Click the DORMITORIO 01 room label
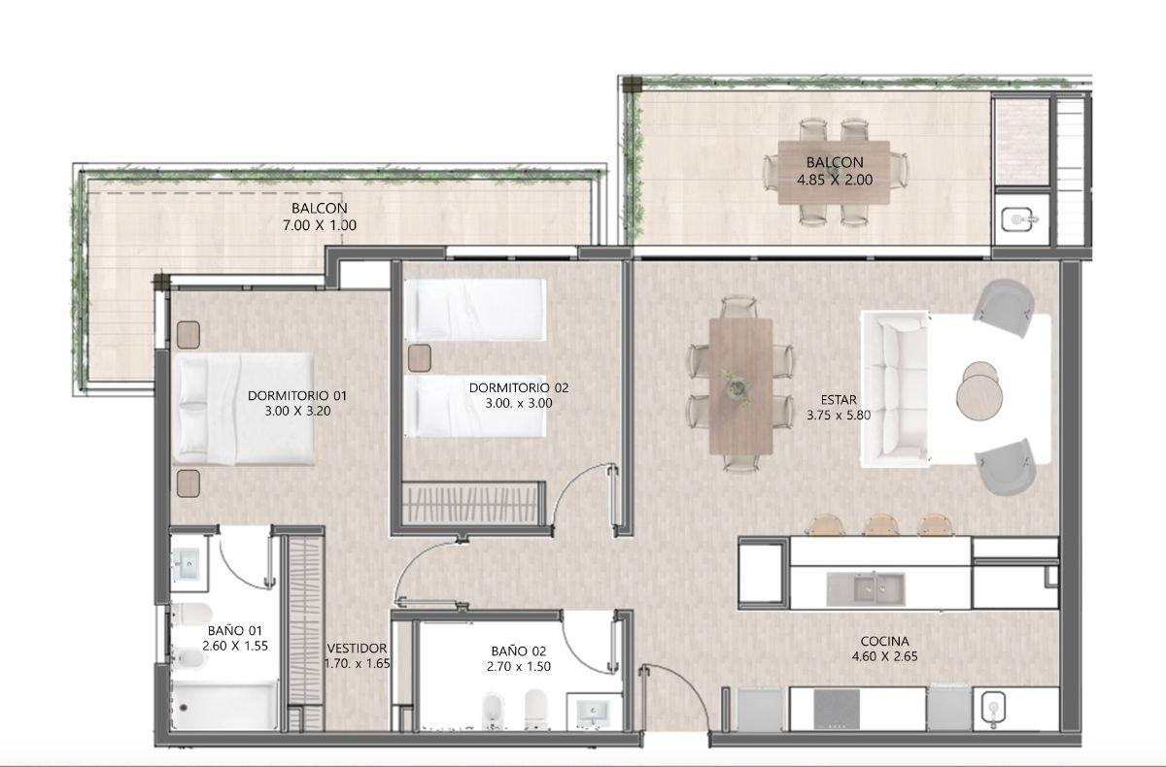point(296,395)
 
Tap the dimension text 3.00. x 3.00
point(519,403)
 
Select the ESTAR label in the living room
point(839,400)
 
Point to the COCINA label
point(884,641)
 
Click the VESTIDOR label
point(358,649)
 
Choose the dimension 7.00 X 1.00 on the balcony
point(320,225)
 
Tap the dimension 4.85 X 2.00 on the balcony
point(835,180)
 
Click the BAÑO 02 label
point(519,651)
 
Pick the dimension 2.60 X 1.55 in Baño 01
point(235,646)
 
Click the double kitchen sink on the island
point(866,589)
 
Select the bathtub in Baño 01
point(224,706)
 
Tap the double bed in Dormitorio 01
point(243,409)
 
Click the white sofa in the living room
point(894,389)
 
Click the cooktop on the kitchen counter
point(837,709)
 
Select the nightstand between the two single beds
point(419,357)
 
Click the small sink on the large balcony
point(1018,220)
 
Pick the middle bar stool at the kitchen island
point(881,524)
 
